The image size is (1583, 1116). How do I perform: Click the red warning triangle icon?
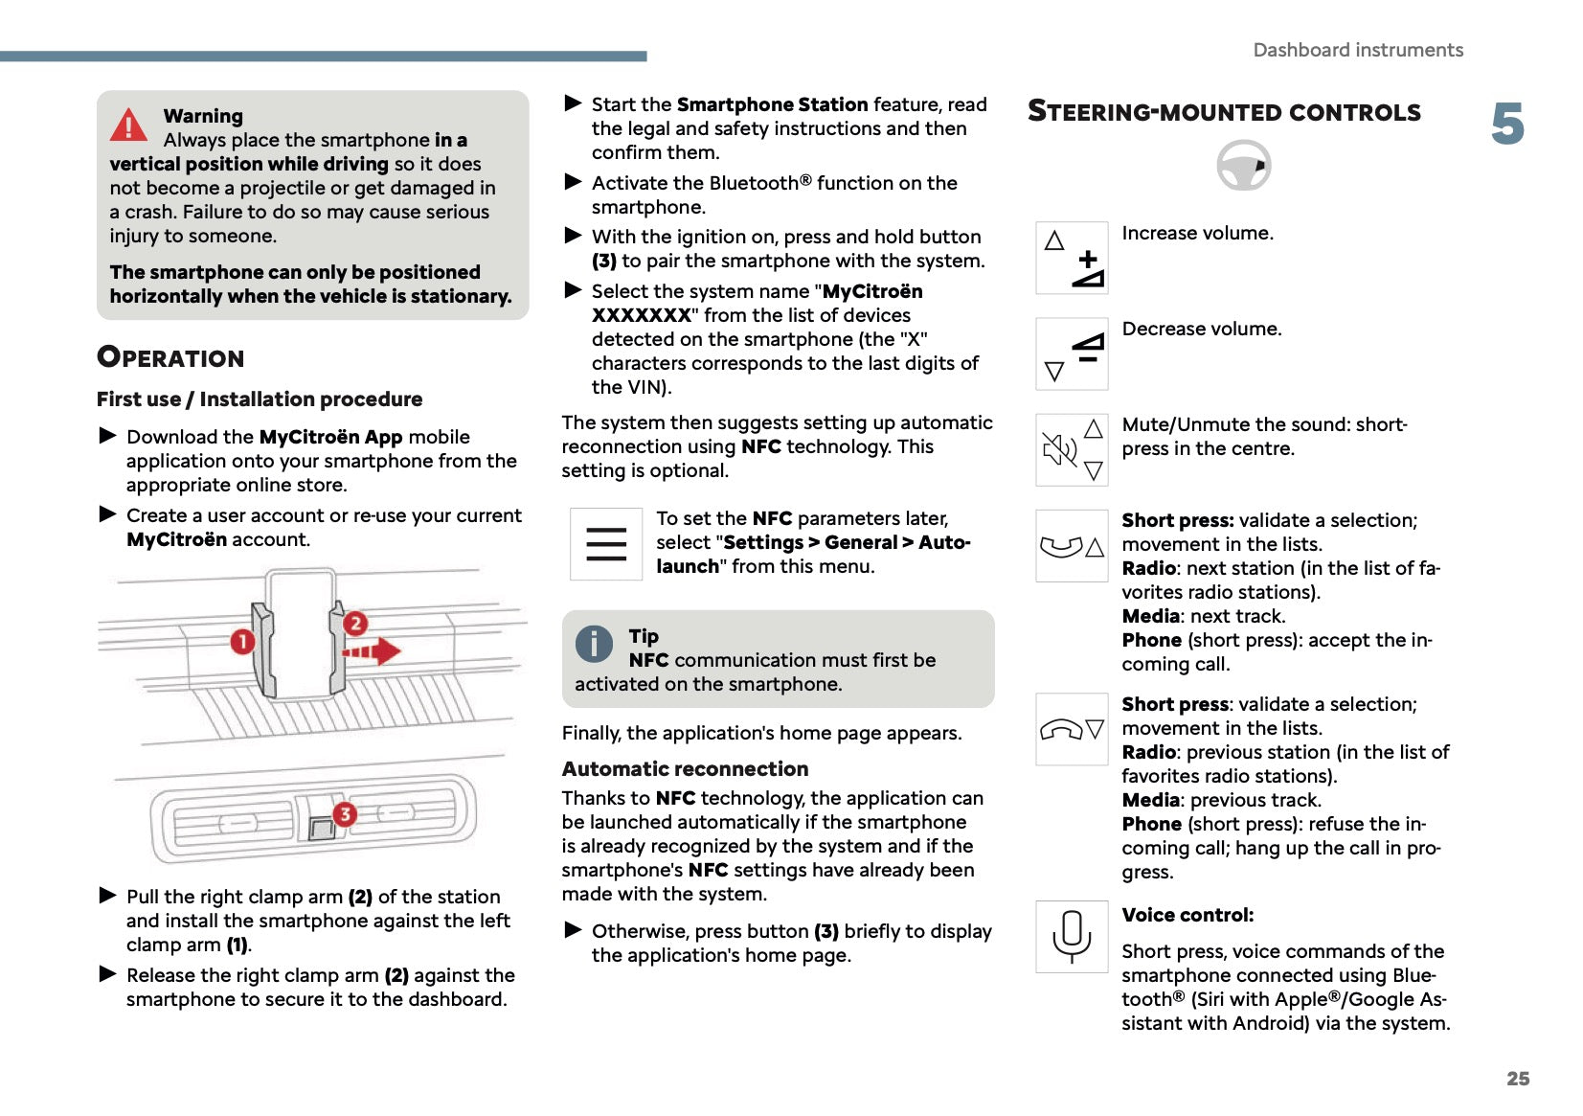click(128, 125)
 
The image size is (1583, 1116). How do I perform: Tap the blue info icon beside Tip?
click(594, 644)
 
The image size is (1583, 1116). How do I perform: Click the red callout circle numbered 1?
click(242, 641)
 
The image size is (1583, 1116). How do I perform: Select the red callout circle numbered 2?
click(355, 624)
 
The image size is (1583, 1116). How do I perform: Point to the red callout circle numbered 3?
click(345, 814)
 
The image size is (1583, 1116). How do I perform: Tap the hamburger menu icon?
click(606, 544)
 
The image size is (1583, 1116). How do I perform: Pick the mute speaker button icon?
click(1073, 449)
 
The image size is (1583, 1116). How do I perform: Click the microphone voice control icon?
click(1072, 936)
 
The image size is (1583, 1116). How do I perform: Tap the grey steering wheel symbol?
click(1243, 165)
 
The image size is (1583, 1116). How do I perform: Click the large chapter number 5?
click(1507, 125)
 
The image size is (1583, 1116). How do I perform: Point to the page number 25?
click(1518, 1079)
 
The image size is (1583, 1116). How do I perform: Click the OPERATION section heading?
click(170, 358)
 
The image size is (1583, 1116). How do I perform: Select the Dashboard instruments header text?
click(1358, 50)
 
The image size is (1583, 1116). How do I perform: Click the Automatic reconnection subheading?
click(685, 769)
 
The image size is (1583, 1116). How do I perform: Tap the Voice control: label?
click(1187, 915)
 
